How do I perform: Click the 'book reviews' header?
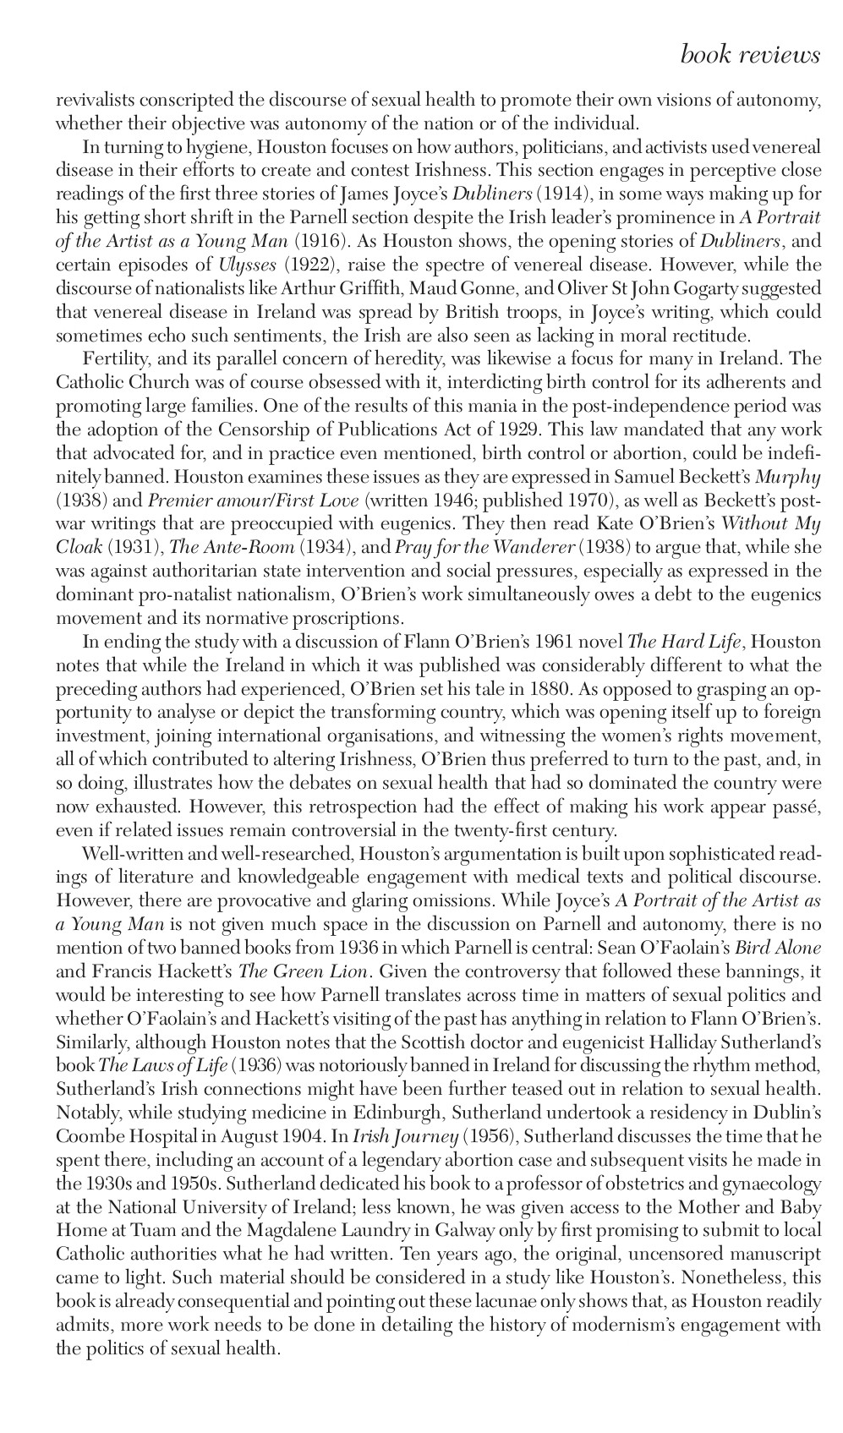point(749,56)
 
